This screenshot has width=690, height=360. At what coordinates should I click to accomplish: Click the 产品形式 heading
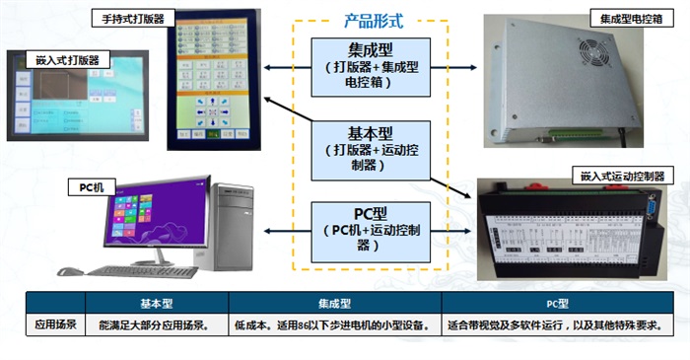[x=373, y=20]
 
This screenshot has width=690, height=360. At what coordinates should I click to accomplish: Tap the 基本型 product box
[x=372, y=147]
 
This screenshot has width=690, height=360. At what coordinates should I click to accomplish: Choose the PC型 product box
[x=372, y=230]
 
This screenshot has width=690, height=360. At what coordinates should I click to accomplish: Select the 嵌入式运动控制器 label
[x=622, y=176]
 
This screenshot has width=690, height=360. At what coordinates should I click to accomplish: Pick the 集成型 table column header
[x=335, y=304]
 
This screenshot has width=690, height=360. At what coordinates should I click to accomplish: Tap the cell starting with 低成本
[x=335, y=324]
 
